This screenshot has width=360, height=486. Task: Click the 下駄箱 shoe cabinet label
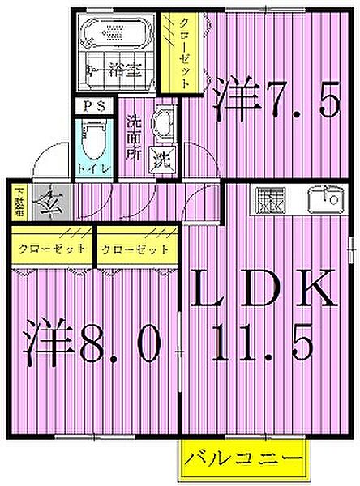[x=18, y=202]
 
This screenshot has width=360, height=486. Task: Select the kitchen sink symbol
[x=324, y=197]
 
